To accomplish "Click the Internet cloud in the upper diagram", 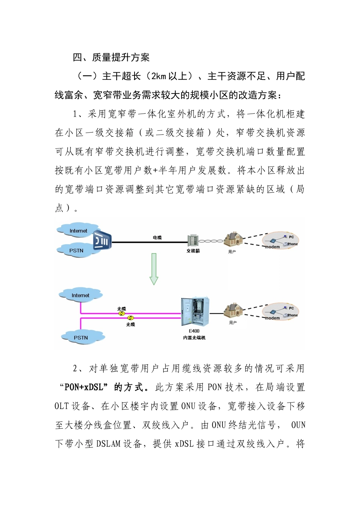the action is coord(78,231).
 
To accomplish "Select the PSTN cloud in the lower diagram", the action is coord(81,337).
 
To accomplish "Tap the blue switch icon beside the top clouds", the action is coord(102,240).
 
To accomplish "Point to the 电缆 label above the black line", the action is coord(157,237).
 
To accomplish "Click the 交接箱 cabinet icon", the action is coord(193,240).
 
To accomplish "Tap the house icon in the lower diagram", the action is coord(233,311).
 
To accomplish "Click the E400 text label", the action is coord(194,331).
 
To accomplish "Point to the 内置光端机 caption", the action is coord(194,337).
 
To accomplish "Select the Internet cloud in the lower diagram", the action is coord(80,295).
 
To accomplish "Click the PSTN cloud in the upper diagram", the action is coord(76,251).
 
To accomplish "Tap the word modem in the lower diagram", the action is coord(272,318).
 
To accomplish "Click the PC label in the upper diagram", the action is coord(291,237).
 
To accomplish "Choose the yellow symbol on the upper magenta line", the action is coord(121,313).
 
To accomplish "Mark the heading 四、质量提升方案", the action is coord(111,58).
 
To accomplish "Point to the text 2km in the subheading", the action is coord(159,77).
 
